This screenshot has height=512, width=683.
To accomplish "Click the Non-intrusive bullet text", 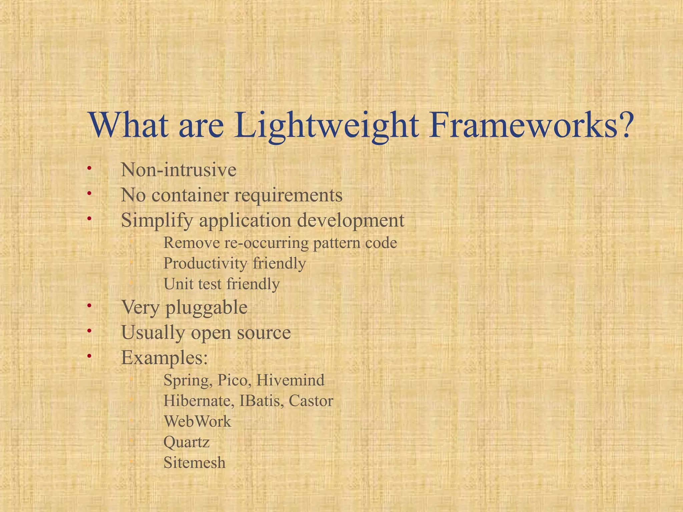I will [178, 170].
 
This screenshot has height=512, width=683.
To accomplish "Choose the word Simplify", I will [157, 221].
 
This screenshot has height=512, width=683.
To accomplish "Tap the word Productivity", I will [205, 264].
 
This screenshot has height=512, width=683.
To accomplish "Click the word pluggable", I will [206, 308].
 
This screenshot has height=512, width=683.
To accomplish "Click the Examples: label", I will [164, 358].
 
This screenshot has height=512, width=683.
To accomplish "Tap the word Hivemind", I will [290, 380].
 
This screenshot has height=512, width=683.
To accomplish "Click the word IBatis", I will [261, 401].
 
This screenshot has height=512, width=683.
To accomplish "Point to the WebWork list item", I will [197, 422].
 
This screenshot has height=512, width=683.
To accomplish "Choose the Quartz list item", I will [186, 443].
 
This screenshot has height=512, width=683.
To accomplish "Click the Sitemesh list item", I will [194, 463].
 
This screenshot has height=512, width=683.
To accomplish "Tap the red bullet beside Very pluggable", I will [89, 306].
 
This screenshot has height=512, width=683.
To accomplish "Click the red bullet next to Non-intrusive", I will [89, 168].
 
